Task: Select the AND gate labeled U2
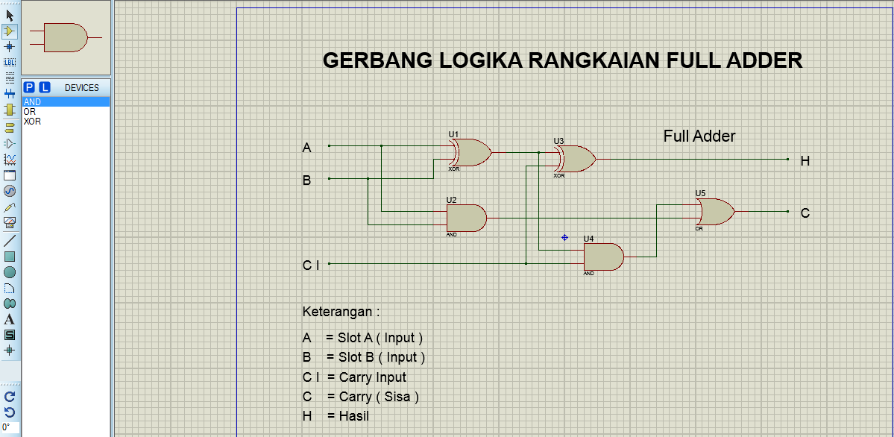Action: point(465,218)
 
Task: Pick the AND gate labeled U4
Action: point(602,257)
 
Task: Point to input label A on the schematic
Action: point(306,148)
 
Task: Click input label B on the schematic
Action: point(306,180)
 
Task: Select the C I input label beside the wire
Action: point(311,265)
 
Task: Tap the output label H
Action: point(805,161)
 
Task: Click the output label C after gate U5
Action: point(805,213)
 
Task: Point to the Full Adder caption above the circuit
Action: point(699,136)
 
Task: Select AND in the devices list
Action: point(32,102)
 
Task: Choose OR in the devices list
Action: point(30,112)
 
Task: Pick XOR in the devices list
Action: point(32,121)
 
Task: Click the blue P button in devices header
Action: point(30,87)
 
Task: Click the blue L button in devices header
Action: point(45,87)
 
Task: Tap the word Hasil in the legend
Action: point(353,416)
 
